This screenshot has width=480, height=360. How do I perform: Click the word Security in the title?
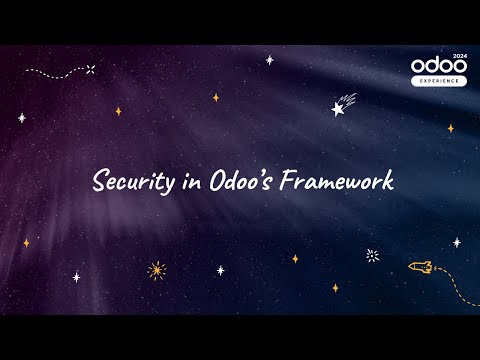129,182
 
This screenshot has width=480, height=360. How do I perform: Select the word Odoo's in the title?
241,181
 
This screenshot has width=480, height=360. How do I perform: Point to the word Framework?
337,181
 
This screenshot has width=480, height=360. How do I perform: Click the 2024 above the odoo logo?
459,56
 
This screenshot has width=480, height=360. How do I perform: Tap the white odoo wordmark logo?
438,66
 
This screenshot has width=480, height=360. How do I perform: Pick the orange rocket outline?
420,266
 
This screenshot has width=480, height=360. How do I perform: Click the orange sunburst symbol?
156,269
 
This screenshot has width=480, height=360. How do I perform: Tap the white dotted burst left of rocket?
372,255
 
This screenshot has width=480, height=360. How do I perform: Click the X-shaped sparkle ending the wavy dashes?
90,69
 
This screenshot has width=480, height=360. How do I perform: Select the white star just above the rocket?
457,242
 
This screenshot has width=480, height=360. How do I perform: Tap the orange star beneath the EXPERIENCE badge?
450,128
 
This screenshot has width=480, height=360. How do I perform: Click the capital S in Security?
99,182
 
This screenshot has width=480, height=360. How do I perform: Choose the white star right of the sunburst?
220,269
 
